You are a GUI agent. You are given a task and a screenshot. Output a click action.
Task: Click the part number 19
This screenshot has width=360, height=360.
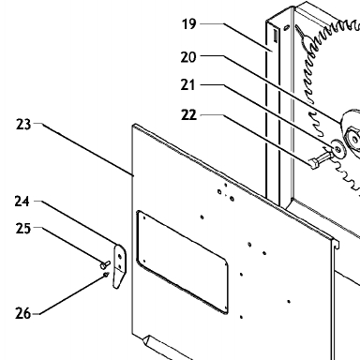[x=189, y=24]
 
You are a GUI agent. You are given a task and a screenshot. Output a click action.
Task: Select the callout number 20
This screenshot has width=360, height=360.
[x=188, y=57]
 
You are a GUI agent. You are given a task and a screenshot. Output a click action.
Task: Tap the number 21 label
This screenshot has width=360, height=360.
[x=187, y=84]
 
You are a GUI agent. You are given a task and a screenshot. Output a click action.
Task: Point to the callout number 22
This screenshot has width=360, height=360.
[x=188, y=115]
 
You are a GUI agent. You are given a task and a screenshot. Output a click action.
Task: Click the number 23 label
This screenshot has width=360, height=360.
[x=23, y=125]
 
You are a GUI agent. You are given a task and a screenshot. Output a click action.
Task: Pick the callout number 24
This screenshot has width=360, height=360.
[x=22, y=202]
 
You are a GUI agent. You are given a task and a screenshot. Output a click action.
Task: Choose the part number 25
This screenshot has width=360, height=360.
[x=23, y=229]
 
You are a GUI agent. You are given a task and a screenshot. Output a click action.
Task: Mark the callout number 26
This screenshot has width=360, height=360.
[x=23, y=313]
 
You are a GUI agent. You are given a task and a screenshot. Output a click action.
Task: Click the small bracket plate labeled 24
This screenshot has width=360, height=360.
[x=119, y=266]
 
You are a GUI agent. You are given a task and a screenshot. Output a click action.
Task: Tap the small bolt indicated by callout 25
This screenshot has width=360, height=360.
[x=105, y=264]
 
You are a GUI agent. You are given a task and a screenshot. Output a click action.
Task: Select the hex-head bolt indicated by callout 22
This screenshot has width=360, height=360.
[x=319, y=159]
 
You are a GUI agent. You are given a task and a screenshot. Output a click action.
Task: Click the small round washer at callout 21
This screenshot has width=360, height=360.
[x=337, y=150]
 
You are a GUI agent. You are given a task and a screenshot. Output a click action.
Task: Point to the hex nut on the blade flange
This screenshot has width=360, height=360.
[x=353, y=138]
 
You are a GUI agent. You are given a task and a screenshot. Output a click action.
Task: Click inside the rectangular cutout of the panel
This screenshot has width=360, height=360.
[x=183, y=262]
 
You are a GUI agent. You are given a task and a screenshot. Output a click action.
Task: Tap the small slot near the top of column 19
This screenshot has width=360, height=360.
[x=276, y=36]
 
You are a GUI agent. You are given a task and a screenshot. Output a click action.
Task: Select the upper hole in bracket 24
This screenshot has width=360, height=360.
[x=119, y=257]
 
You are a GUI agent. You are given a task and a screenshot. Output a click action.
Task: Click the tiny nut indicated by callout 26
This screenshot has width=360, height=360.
[x=106, y=275]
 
